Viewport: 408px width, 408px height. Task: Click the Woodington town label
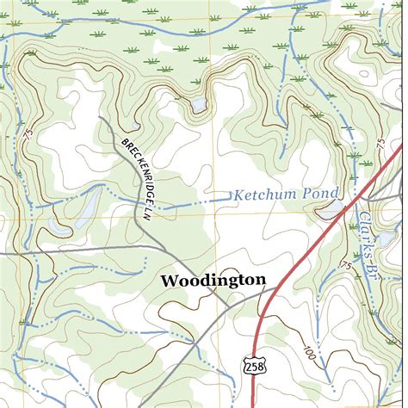(213, 280)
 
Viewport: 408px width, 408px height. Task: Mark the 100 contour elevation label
(308, 353)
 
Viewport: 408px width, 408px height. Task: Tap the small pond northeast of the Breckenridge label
(199, 104)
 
